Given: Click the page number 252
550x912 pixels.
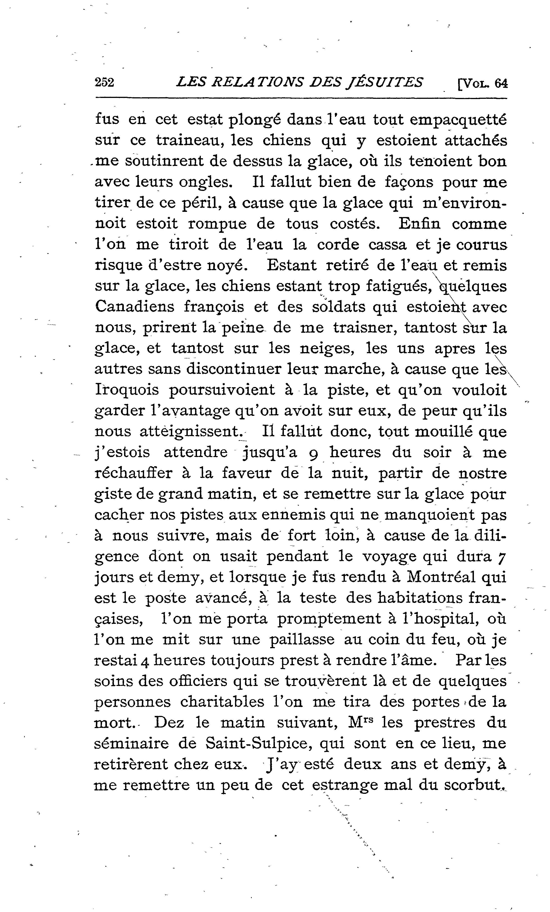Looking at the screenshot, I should point(105,82).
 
